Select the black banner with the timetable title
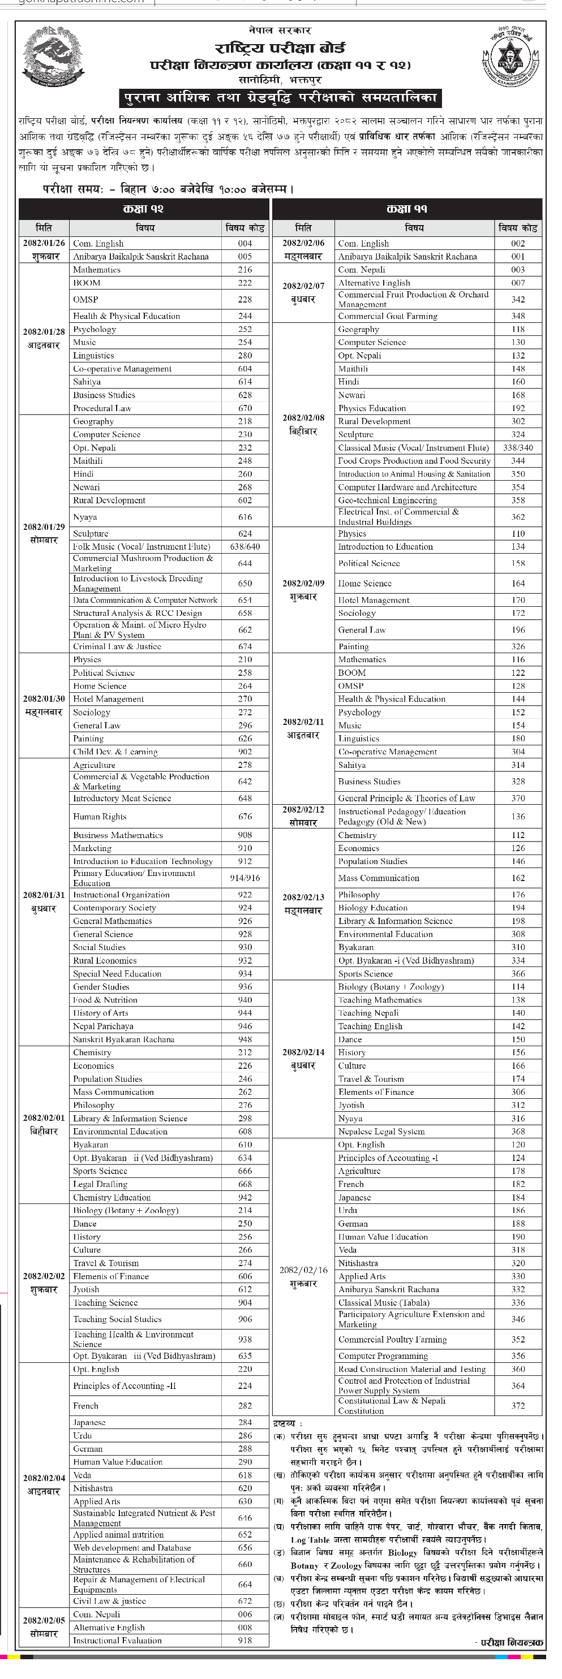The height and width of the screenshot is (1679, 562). [x=280, y=98]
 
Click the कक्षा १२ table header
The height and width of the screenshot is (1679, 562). [x=143, y=209]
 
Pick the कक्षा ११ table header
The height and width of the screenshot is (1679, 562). [x=407, y=209]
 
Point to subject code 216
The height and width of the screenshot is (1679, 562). [x=244, y=270]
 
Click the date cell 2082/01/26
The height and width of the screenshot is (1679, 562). [x=44, y=243]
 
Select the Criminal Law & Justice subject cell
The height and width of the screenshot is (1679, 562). [x=117, y=646]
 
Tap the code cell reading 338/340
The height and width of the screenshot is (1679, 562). [x=518, y=448]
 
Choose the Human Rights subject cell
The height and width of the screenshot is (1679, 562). [x=100, y=817]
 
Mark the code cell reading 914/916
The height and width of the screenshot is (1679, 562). [x=244, y=878]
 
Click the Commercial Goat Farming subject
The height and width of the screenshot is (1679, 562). [x=387, y=316]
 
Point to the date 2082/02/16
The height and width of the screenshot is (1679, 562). [x=303, y=1270]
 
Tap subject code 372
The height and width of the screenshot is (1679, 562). [x=518, y=1405]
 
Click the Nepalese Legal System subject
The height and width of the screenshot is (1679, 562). [x=381, y=1132]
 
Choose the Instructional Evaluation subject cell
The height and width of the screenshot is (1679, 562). [x=117, y=1640]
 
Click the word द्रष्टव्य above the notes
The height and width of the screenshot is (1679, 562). [x=284, y=1423]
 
